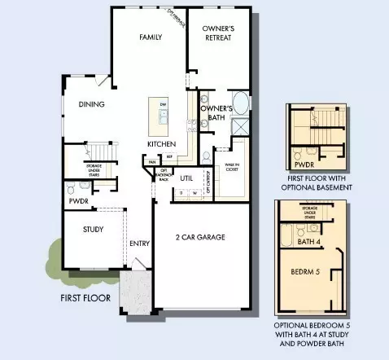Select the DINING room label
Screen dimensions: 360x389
point(92,104)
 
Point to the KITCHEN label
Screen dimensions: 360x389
point(161,144)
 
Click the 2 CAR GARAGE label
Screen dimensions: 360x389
point(200,238)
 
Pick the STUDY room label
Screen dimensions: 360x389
point(93,230)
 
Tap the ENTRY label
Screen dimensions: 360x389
point(138,244)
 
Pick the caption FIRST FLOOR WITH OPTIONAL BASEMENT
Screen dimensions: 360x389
point(313,182)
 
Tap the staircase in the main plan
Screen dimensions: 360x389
point(99,152)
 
